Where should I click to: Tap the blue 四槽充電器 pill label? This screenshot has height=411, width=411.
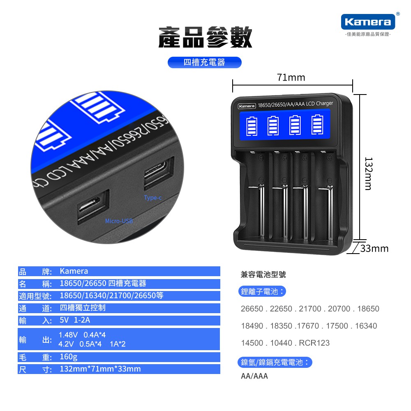pos(204,62)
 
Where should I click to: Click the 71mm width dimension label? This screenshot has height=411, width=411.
pos(291,78)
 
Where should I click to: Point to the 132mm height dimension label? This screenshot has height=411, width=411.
pos(368,173)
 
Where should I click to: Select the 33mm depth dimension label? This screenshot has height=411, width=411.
pos(374,249)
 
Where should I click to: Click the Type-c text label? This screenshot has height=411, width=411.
pos(153,198)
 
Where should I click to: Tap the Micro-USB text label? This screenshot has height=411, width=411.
pos(119,221)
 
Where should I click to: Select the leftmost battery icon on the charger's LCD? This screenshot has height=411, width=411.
pos(252,126)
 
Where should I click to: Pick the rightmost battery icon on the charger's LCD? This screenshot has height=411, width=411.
pos(317,125)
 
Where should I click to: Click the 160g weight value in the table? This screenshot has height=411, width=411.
pos(68,357)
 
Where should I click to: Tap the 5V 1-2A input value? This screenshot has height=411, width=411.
pos(75,320)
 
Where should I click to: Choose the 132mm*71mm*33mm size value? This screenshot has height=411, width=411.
pos(100,369)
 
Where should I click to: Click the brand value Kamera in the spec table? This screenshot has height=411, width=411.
pos(74,271)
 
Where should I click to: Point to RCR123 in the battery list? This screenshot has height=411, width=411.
pos(314,343)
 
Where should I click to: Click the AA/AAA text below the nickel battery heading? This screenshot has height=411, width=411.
pos(254,376)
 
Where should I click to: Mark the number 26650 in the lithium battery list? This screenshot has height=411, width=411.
pos(252,309)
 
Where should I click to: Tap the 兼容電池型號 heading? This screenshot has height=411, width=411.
pos(263,275)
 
